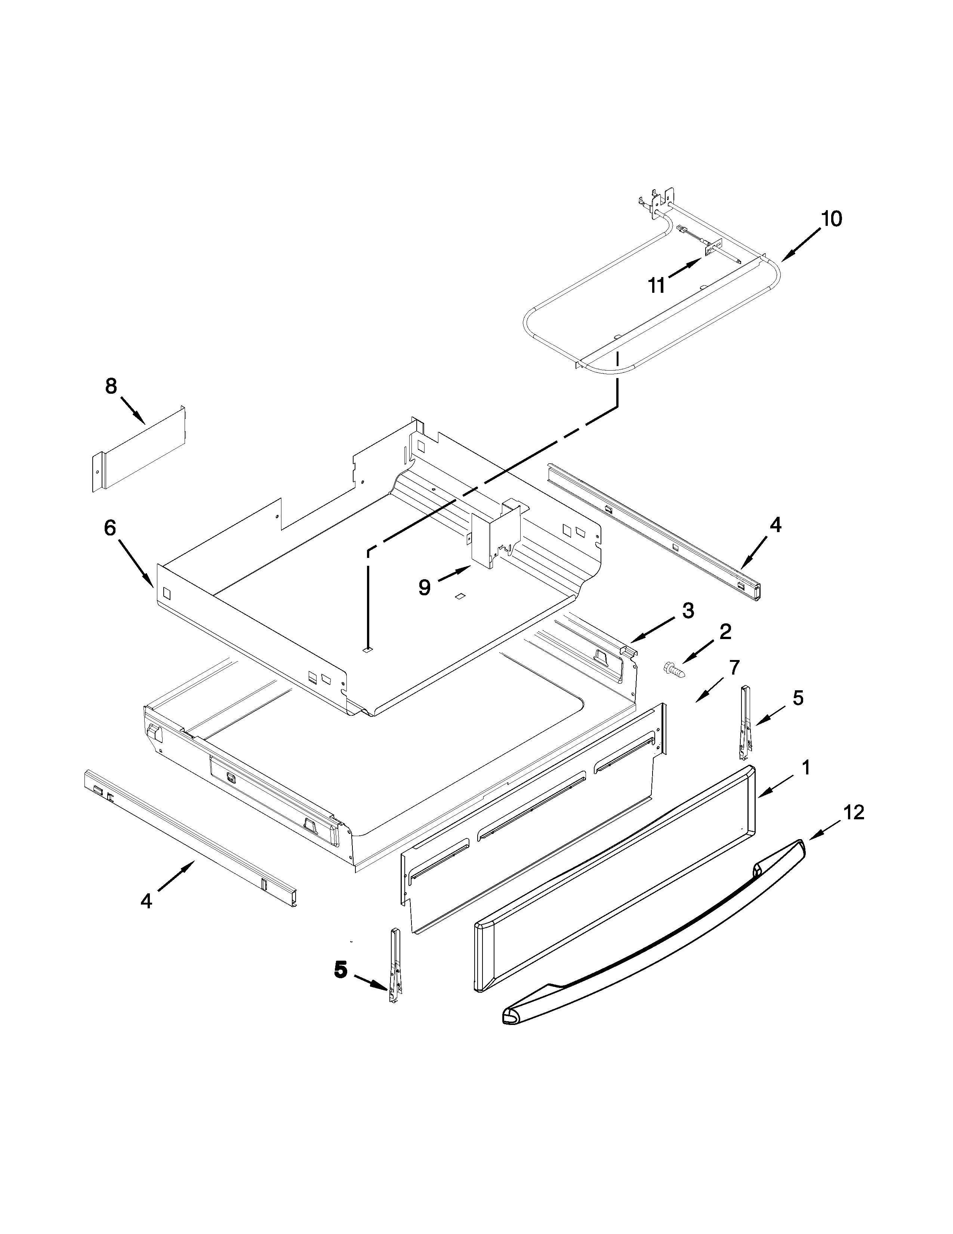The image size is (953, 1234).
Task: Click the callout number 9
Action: [425, 587]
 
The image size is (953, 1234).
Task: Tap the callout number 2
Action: [725, 631]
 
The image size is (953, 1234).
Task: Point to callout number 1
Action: [806, 767]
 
